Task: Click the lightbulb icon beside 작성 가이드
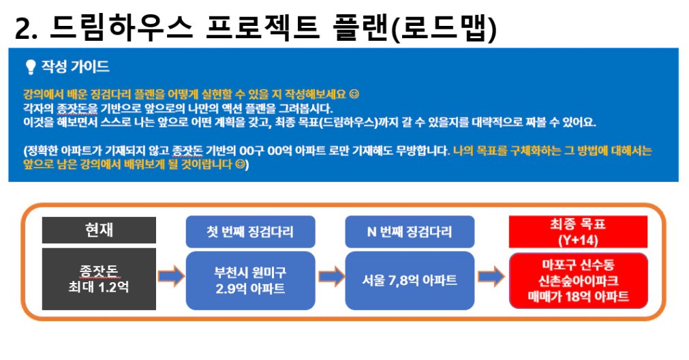point(30,67)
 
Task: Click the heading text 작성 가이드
point(75,66)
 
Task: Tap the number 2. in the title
point(26,28)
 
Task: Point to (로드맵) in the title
point(444,28)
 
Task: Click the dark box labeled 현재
point(99,230)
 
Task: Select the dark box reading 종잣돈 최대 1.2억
point(99,279)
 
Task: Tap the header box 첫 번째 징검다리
point(251,232)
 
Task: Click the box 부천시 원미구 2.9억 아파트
point(251,280)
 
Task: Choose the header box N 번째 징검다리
point(410,232)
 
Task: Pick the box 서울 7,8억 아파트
point(410,280)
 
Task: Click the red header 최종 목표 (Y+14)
point(578,232)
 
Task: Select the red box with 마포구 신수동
point(579,280)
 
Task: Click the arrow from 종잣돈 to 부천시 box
point(171,277)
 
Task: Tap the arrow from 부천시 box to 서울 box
point(331,277)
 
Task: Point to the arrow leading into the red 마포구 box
point(491,277)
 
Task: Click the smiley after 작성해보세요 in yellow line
point(354,94)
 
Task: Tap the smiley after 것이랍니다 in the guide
point(240,164)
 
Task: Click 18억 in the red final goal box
point(579,297)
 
